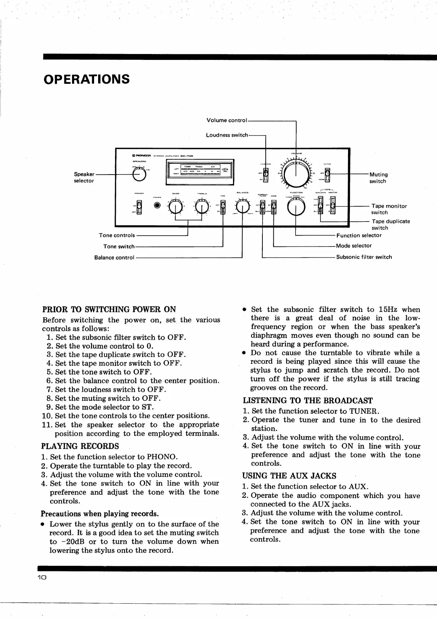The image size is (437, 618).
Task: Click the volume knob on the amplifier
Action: coord(295,175)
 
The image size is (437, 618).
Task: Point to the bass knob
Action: coord(176,208)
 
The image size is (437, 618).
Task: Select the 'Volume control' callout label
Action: coord(226,120)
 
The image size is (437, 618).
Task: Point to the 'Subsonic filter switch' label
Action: coord(364,257)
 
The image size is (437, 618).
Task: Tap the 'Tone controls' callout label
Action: coord(117,235)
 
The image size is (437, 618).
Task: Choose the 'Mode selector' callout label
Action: coord(354,245)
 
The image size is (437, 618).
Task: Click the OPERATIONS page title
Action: coord(86,79)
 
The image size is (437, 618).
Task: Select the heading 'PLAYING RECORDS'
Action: coord(80,446)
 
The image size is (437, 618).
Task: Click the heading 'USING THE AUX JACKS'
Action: coord(289,476)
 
